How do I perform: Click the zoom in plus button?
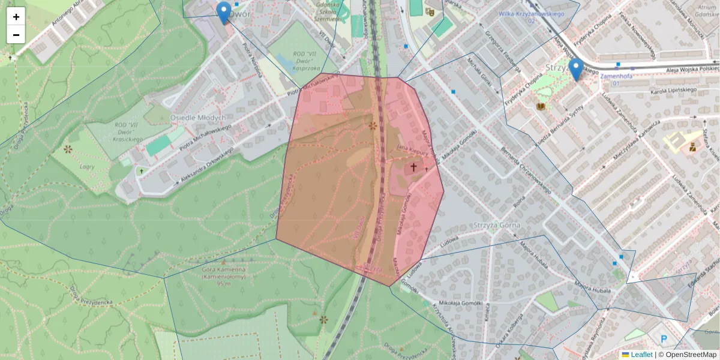click(16, 17)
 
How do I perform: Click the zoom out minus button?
click(16, 35)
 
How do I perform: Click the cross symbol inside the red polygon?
click(413, 167)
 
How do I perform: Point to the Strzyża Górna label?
click(491, 225)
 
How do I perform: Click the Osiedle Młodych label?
click(198, 118)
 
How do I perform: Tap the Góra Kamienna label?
click(224, 274)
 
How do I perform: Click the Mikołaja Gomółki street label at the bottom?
click(461, 303)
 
